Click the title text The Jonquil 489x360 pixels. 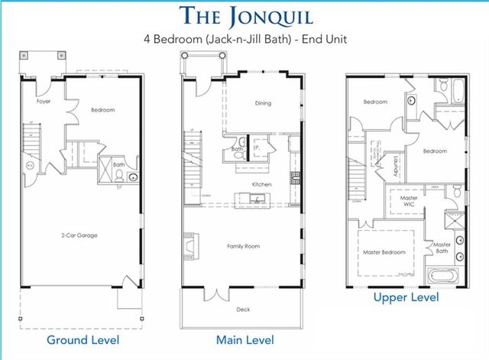(245, 15)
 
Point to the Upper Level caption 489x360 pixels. (406, 297)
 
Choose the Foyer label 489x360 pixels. (44, 101)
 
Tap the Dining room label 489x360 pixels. (262, 103)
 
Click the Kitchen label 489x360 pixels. (262, 185)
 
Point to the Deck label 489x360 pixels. (243, 310)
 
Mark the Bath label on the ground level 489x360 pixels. (118, 164)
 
